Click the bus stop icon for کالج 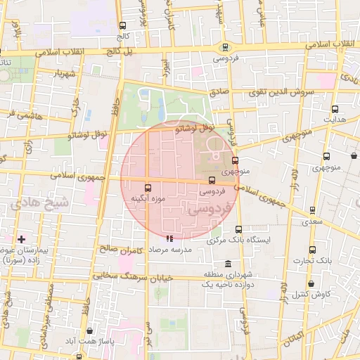pyautogui.click(x=123, y=25)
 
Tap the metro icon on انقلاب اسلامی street pyautogui.click(x=225, y=47)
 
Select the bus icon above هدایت pyautogui.click(x=335, y=109)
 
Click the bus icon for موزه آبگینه pyautogui.click(x=148, y=188)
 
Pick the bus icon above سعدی pyautogui.click(x=312, y=210)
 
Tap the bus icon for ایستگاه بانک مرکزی pyautogui.click(x=238, y=229)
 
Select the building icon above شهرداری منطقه pyautogui.click(x=226, y=264)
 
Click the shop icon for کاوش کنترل pyautogui.click(x=311, y=284)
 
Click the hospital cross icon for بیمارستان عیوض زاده pyautogui.click(x=21, y=239)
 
